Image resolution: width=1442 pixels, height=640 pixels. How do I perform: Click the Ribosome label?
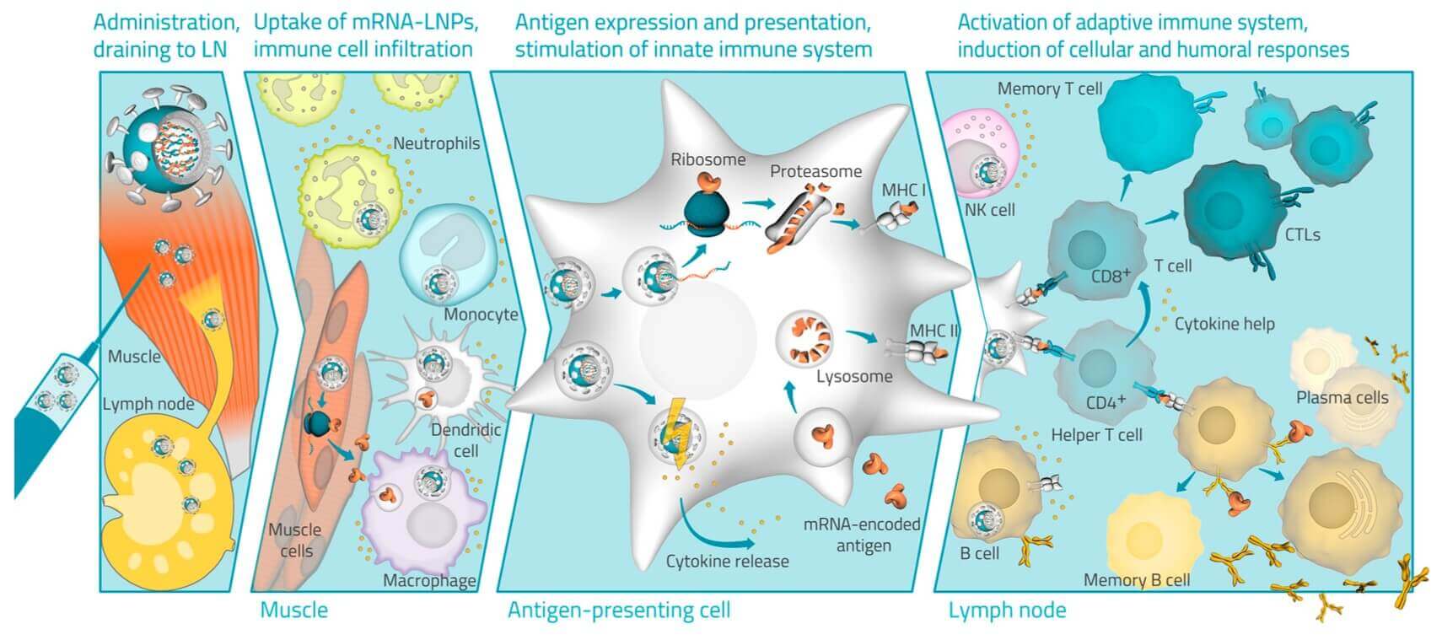pos(708,159)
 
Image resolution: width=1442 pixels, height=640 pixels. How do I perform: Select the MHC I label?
pos(903,190)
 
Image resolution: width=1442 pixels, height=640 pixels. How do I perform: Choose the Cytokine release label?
pos(727,561)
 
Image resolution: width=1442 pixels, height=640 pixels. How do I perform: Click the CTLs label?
pos(1302,234)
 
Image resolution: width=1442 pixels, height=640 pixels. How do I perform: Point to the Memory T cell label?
pos(1049,89)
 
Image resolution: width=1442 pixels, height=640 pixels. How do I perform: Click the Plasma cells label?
pos(1341,397)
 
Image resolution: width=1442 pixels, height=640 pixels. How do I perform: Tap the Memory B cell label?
pos(1136,580)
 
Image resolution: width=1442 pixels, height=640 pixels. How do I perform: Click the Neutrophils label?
pos(436,143)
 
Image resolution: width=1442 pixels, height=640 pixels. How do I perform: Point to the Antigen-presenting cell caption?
pos(618,610)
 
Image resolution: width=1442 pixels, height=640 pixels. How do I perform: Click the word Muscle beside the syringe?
pos(134,356)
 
